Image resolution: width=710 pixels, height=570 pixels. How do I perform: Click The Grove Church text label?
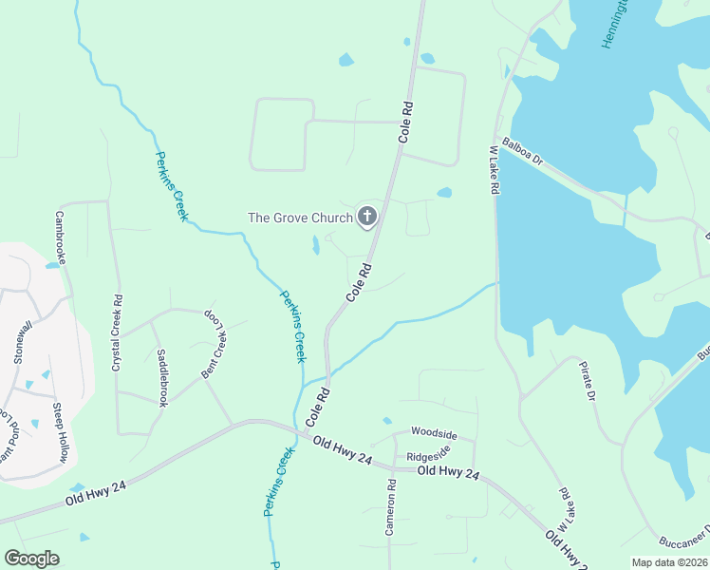[300, 218]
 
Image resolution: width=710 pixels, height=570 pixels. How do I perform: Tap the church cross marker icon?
[367, 218]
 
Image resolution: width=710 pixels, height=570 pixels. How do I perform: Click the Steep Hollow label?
[60, 433]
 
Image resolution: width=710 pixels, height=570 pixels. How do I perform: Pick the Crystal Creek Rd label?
[118, 332]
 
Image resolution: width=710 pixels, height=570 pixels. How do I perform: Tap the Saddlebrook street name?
[162, 378]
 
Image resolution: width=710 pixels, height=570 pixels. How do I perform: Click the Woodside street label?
[434, 434]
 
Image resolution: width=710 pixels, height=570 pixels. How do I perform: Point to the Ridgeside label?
[428, 457]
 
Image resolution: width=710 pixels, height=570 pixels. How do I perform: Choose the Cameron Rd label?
[390, 507]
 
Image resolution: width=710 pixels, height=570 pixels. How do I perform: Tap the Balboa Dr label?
[522, 152]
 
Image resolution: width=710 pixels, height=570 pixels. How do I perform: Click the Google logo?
[31, 559]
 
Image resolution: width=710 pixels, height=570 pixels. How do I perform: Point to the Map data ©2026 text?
[669, 562]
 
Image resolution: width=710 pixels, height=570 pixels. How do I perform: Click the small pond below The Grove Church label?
[315, 246]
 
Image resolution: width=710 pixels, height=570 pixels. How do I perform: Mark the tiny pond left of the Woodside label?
[386, 420]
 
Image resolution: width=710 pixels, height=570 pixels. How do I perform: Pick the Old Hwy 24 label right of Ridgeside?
[449, 471]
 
